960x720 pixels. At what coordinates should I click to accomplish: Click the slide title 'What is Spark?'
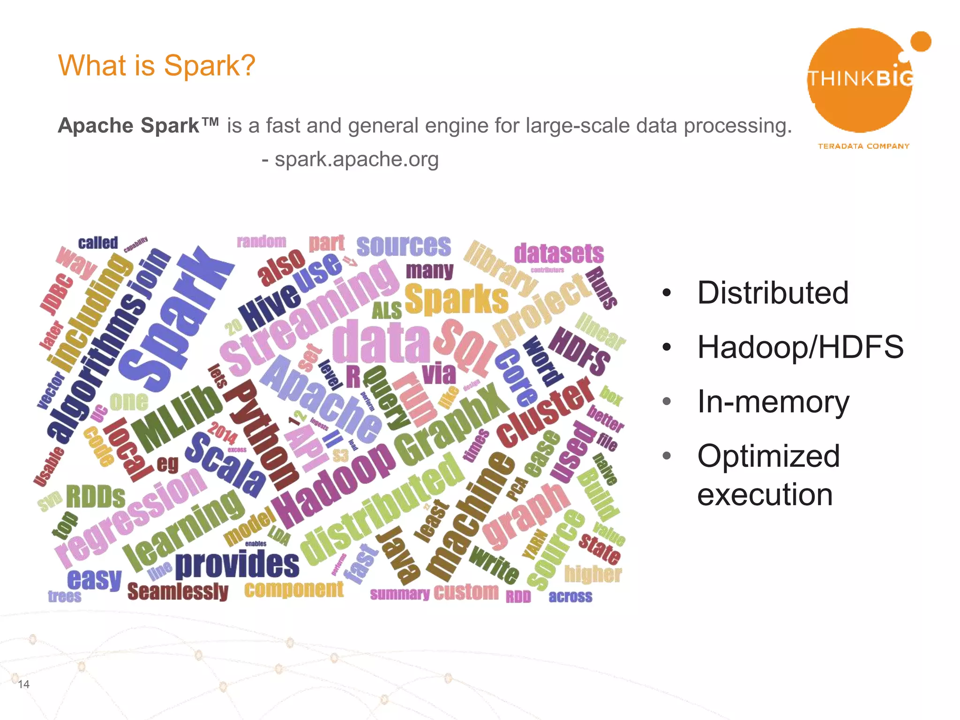point(157,65)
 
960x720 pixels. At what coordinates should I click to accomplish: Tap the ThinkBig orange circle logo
point(860,80)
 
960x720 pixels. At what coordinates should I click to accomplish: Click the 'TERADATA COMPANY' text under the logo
point(863,146)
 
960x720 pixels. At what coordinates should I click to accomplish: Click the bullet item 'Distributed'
point(772,293)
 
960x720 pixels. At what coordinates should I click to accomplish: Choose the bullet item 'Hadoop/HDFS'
point(800,347)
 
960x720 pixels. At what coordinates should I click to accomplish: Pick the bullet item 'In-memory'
point(773,402)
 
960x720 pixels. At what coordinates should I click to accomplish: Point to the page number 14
point(23,684)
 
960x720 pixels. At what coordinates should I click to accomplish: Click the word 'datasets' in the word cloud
point(559,254)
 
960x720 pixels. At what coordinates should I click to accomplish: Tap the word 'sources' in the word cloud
point(404,246)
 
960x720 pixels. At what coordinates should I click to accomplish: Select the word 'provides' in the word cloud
point(237,564)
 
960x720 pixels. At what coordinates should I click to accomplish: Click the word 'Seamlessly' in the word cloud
point(178,592)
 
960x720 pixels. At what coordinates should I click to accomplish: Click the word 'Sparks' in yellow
point(456,299)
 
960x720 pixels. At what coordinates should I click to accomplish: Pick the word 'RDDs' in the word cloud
point(96,497)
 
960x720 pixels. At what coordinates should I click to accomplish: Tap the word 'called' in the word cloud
point(98,243)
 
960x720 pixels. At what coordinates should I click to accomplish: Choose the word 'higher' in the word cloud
point(593,574)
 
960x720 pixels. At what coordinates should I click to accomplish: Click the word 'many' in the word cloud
point(429,270)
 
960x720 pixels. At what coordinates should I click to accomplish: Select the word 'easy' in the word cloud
point(94,579)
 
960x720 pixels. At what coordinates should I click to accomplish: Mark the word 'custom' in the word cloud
point(466,592)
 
